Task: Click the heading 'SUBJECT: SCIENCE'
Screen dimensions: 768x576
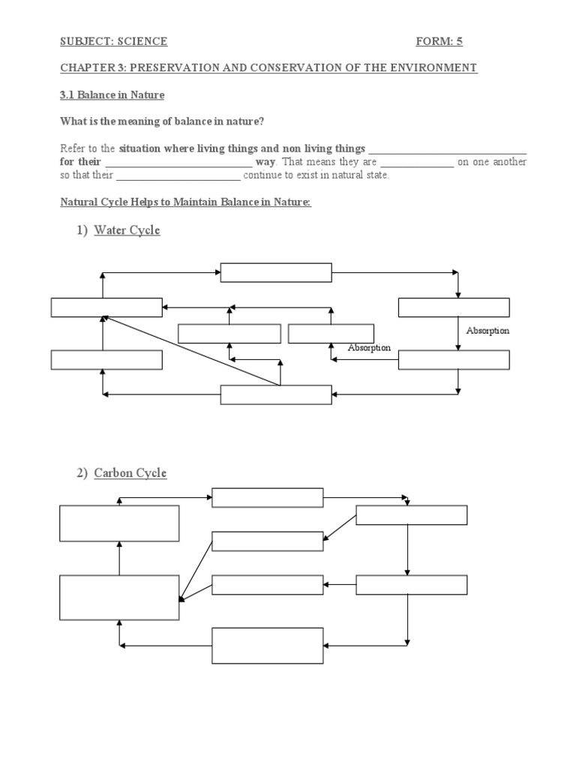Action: point(113,42)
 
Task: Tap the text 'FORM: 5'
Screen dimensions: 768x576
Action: point(445,42)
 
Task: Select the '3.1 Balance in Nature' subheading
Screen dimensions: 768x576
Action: point(112,95)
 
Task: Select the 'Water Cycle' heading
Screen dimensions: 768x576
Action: point(127,230)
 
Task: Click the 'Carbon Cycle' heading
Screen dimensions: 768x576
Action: point(130,473)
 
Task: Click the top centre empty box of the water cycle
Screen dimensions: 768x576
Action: point(275,272)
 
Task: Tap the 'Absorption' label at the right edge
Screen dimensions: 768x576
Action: point(487,331)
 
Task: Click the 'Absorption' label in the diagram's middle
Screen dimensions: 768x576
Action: point(369,348)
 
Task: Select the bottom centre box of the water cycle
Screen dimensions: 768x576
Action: point(275,394)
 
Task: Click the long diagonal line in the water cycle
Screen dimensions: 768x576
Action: point(191,351)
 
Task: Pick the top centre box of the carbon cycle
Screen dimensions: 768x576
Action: point(267,497)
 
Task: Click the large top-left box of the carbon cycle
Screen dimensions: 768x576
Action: point(119,523)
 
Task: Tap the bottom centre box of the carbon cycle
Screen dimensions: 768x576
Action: point(267,646)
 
